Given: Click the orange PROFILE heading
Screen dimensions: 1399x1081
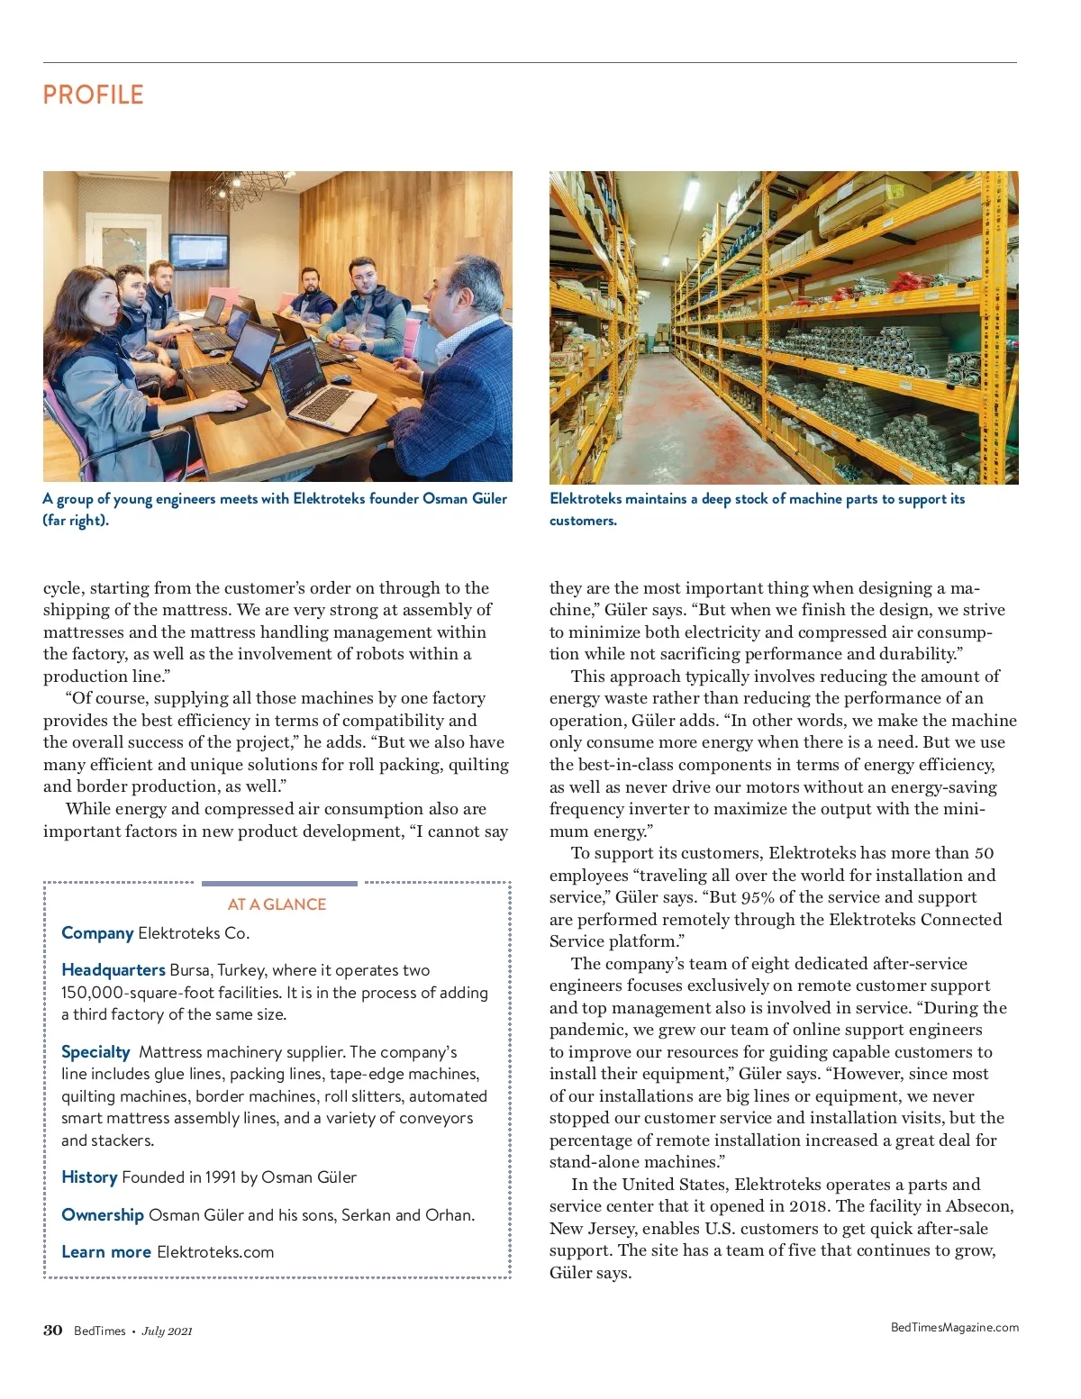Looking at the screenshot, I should pyautogui.click(x=93, y=95).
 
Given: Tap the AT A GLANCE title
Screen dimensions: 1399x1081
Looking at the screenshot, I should pyautogui.click(x=277, y=904).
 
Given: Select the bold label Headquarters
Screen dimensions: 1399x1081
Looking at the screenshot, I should pyautogui.click(x=114, y=970).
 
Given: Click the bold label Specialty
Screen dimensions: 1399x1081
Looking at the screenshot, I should pyautogui.click(x=95, y=1052).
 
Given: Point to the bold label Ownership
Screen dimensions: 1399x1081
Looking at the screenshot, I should pyautogui.click(x=103, y=1215).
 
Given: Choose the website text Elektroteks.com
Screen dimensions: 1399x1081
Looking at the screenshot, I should pyautogui.click(x=215, y=1252).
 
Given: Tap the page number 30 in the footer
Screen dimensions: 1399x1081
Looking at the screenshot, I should pyautogui.click(x=53, y=1331).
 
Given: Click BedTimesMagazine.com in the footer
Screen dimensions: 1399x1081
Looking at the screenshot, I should pyautogui.click(x=954, y=1327).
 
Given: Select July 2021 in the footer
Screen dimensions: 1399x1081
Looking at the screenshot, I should pyautogui.click(x=167, y=1331).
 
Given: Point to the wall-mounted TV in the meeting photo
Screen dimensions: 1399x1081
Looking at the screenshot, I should pyautogui.click(x=199, y=250).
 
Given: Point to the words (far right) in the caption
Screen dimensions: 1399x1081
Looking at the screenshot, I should pyautogui.click(x=76, y=521).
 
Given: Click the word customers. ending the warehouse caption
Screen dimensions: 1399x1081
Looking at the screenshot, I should pyautogui.click(x=583, y=521).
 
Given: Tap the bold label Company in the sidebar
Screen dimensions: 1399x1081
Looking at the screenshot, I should pyautogui.click(x=97, y=933).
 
